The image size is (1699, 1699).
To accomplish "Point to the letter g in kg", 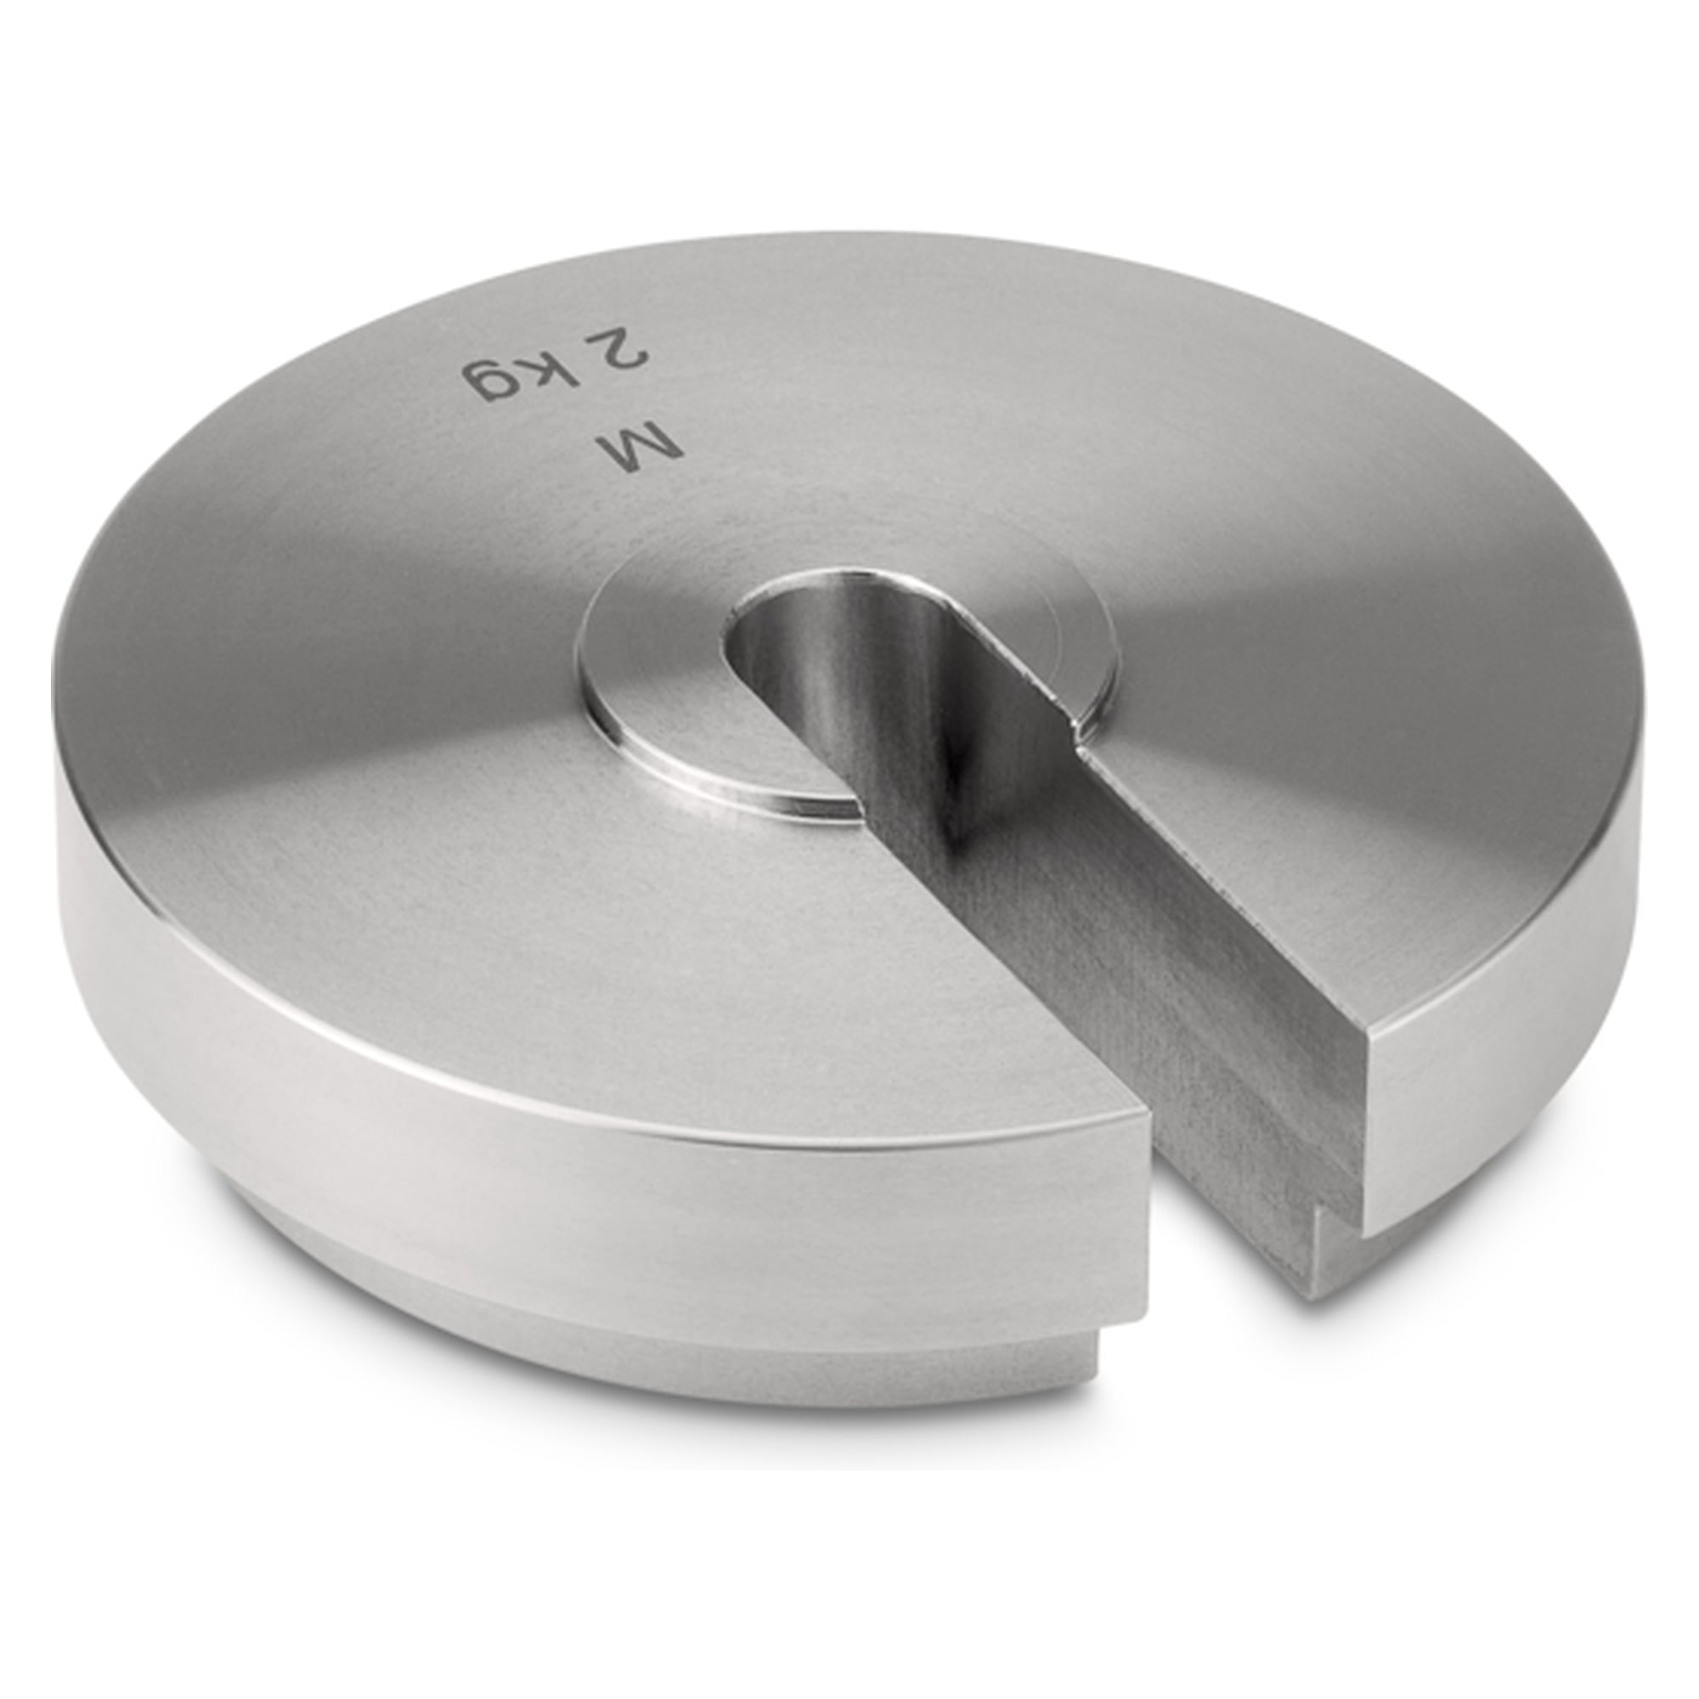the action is (490, 380).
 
